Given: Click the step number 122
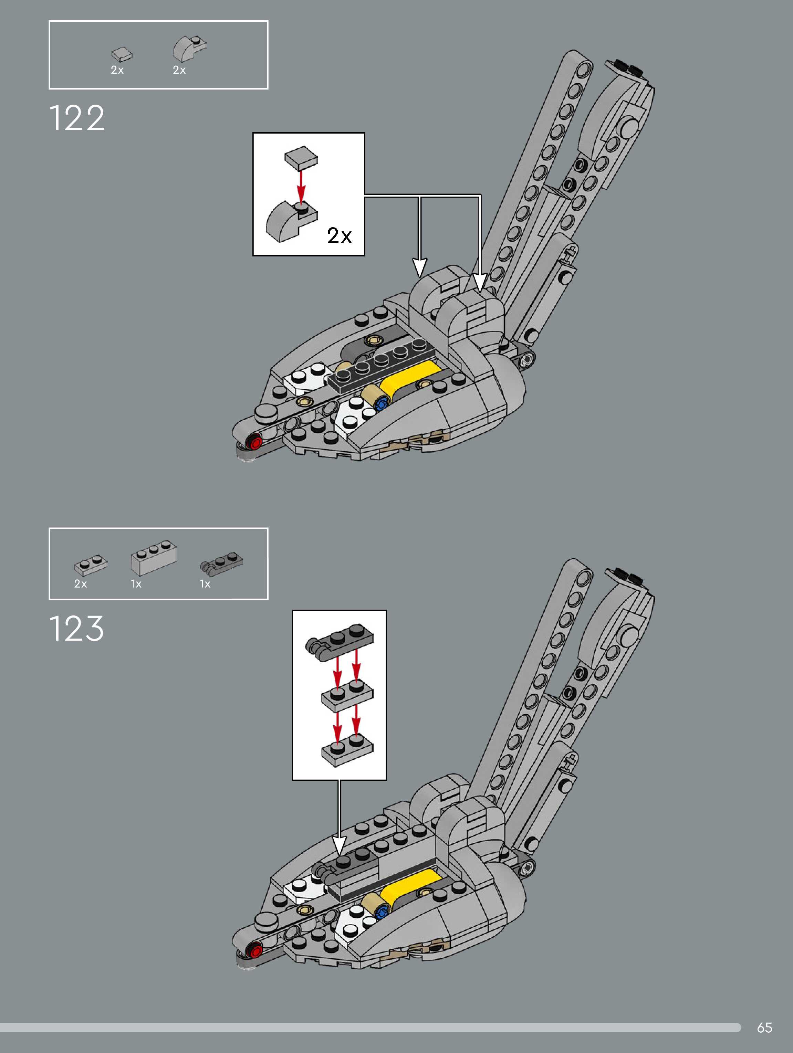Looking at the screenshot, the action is point(77,118).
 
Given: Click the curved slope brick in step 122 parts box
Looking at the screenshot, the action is point(189,49).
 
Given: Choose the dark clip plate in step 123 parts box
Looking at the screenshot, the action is point(221,563).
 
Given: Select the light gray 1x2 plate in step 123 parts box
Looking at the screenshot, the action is point(91,565).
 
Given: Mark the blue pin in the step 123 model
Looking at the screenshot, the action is point(381,914).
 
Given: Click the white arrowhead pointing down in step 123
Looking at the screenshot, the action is point(339,845).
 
